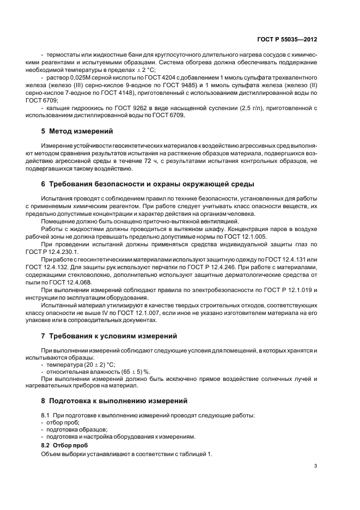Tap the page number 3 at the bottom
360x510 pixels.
(316, 466)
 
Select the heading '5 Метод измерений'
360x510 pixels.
(77, 131)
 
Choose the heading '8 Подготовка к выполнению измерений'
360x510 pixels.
(114, 400)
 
